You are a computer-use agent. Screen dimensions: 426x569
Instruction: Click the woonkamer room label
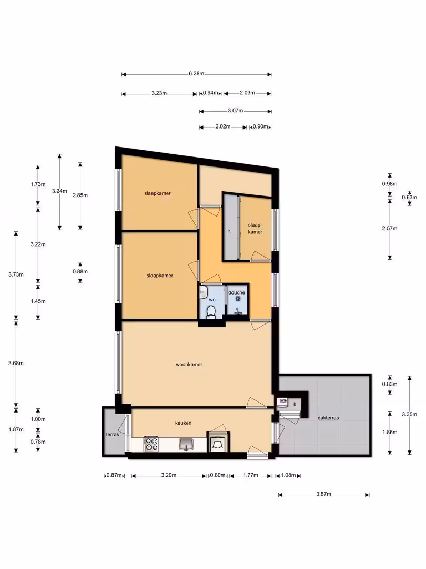(189, 365)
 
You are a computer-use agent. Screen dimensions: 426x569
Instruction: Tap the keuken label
(184, 423)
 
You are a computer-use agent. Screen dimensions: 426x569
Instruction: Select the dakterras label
(328, 418)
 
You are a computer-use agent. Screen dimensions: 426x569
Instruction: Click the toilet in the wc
(211, 312)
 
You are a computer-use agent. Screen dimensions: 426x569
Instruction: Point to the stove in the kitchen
(151, 444)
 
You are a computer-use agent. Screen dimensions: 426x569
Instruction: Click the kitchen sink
(186, 444)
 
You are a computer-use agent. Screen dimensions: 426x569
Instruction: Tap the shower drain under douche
(238, 299)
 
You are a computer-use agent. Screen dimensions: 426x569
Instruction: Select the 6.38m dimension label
(196, 74)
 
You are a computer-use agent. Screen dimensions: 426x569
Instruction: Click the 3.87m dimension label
(323, 494)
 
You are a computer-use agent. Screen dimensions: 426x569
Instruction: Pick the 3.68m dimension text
(16, 363)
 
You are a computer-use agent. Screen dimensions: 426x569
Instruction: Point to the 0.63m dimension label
(409, 198)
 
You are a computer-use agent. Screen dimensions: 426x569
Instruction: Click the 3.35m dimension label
(409, 414)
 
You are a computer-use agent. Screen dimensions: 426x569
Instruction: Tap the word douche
(237, 292)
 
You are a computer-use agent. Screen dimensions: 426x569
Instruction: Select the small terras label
(113, 434)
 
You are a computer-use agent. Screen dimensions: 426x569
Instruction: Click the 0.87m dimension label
(114, 475)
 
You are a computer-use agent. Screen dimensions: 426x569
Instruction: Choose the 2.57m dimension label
(390, 228)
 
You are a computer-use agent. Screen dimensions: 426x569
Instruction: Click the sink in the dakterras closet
(282, 401)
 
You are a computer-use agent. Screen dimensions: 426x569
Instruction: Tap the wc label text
(212, 300)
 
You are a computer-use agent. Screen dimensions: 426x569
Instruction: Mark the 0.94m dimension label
(210, 93)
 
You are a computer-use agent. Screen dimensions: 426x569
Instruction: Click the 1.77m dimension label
(251, 475)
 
